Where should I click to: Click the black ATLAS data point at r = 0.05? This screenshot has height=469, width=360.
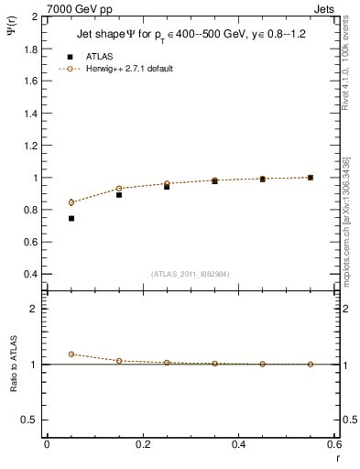[x=71, y=218]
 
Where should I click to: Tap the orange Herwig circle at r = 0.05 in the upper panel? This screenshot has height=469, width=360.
[x=71, y=202]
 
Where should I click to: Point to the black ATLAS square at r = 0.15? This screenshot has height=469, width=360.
[x=119, y=194]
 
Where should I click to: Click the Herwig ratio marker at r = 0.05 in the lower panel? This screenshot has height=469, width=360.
[x=71, y=354]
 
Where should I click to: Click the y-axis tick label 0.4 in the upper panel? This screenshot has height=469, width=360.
[x=30, y=274]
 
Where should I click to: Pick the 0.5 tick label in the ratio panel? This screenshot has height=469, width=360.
[x=30, y=420]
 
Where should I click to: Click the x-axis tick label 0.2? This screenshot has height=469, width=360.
[x=142, y=444]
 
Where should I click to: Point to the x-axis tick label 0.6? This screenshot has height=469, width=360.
[x=334, y=444]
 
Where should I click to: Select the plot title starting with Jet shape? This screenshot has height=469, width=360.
[x=190, y=36]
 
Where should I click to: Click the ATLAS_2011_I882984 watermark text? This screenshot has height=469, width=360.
[x=191, y=274]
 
